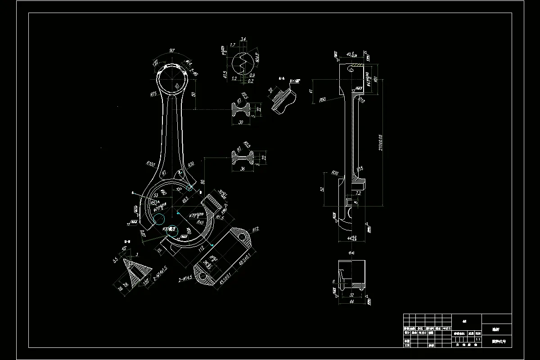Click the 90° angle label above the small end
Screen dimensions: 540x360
click(172, 50)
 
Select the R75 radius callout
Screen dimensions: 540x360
click(153, 94)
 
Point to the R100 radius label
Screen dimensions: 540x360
click(150, 164)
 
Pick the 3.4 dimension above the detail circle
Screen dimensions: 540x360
click(243, 40)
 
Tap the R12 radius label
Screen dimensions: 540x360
click(256, 229)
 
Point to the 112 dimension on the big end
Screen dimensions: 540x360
click(201, 248)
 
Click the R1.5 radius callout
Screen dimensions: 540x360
click(220, 217)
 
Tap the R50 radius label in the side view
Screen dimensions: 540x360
click(322, 100)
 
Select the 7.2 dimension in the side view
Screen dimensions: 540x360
click(358, 193)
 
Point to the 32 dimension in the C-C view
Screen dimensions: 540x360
click(352, 295)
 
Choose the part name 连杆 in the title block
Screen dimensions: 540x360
click(496, 329)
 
